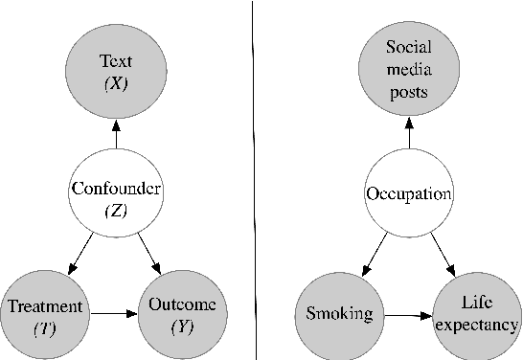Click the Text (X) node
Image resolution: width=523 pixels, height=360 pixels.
click(x=116, y=72)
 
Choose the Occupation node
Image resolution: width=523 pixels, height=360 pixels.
click(x=409, y=194)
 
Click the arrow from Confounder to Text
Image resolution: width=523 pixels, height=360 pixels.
click(x=116, y=137)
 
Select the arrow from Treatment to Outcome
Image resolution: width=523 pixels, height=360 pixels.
click(x=115, y=312)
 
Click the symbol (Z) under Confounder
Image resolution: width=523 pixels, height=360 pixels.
click(x=115, y=210)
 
